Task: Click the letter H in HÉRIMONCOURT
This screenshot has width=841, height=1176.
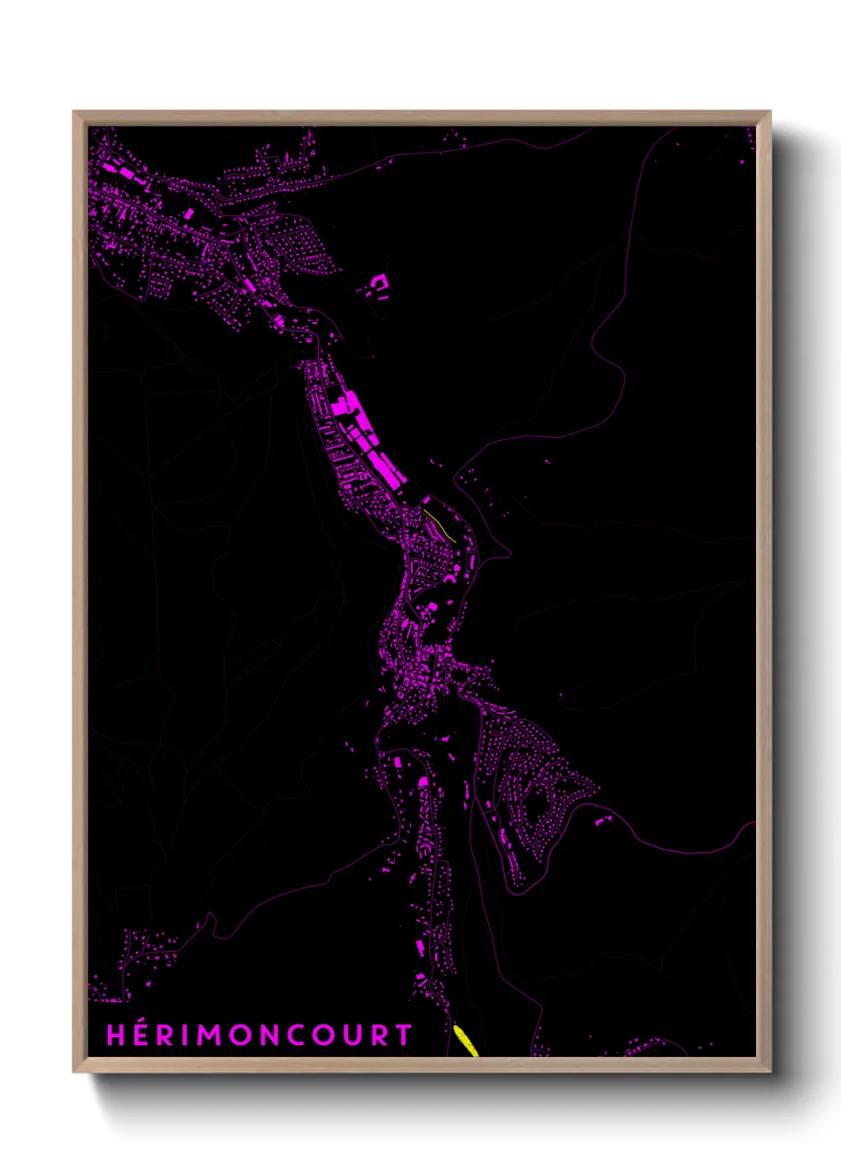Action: point(116,1035)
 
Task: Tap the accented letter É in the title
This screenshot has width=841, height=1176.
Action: point(140,1035)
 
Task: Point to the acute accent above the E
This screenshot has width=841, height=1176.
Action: point(141,1023)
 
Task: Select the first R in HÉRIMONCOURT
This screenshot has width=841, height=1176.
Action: point(164,1035)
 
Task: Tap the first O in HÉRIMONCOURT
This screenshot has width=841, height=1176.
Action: point(237,1035)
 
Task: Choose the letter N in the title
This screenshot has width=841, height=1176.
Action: point(267,1035)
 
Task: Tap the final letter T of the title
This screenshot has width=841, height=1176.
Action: point(403,1035)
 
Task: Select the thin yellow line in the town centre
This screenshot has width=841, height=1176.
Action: point(440,525)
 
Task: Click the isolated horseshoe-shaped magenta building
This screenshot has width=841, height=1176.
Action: point(378,284)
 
